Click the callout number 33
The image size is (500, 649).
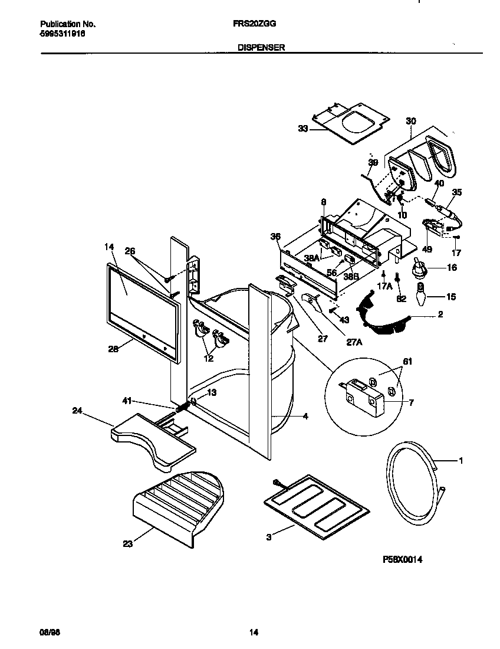tap(303, 129)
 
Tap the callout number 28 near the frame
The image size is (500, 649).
tap(113, 349)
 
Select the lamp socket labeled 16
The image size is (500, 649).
tap(420, 267)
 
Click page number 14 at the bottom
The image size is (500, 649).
tap(254, 633)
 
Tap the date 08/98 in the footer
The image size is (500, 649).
tap(47, 633)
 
